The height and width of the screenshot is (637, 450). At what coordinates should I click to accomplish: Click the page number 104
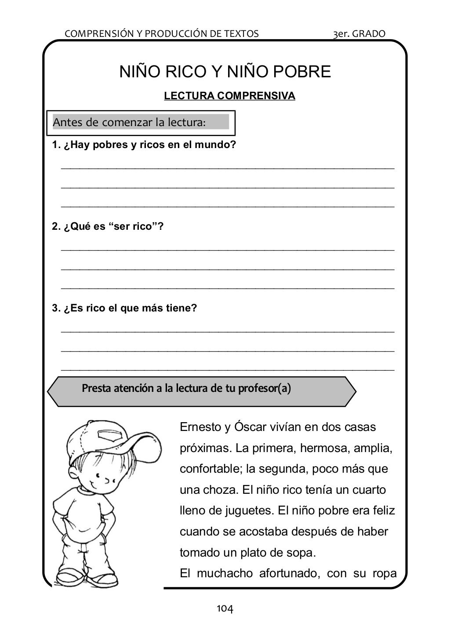tap(225, 608)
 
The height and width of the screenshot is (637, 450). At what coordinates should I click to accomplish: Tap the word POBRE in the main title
tap(302, 72)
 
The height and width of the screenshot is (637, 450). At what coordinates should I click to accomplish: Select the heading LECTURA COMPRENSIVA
tap(229, 96)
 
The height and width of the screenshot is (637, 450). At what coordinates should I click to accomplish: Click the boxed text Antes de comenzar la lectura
tap(129, 122)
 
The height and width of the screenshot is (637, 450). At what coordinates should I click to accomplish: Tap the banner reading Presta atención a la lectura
tap(186, 388)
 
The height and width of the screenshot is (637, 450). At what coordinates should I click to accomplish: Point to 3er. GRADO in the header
tap(359, 33)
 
